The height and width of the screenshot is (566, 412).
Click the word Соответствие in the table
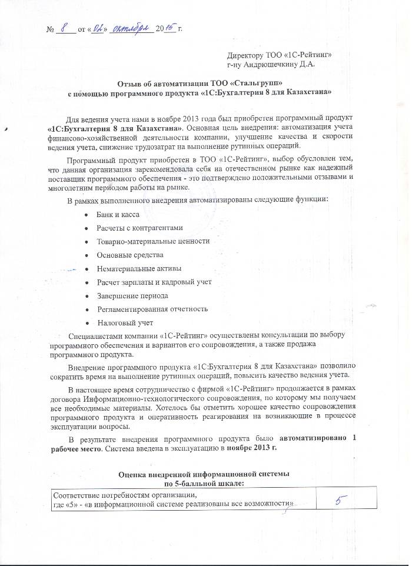click(75, 494)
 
